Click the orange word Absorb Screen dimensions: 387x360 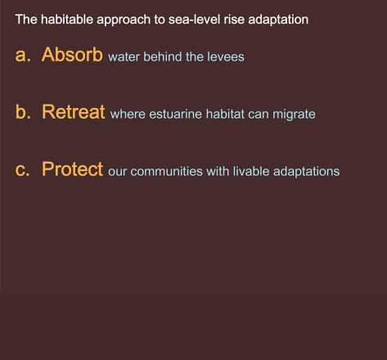[72, 55]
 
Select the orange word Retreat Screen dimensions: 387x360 [73, 112]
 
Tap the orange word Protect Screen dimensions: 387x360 [72, 169]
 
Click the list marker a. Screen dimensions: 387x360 [23, 55]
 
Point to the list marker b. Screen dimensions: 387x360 [23, 112]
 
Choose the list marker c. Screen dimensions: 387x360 [22, 170]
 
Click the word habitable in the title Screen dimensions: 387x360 [67, 20]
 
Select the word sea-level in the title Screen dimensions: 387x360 [194, 20]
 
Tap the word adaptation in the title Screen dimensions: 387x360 [278, 20]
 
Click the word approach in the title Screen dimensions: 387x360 [124, 20]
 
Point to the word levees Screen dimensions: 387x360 [226, 56]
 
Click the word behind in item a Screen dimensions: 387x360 [163, 56]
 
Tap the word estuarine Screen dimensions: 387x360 [175, 114]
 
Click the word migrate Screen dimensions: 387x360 [294, 115]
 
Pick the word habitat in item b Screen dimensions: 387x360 [225, 114]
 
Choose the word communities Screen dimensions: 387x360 [166, 172]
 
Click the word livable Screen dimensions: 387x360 [251, 172]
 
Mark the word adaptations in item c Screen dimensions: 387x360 [306, 172]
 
